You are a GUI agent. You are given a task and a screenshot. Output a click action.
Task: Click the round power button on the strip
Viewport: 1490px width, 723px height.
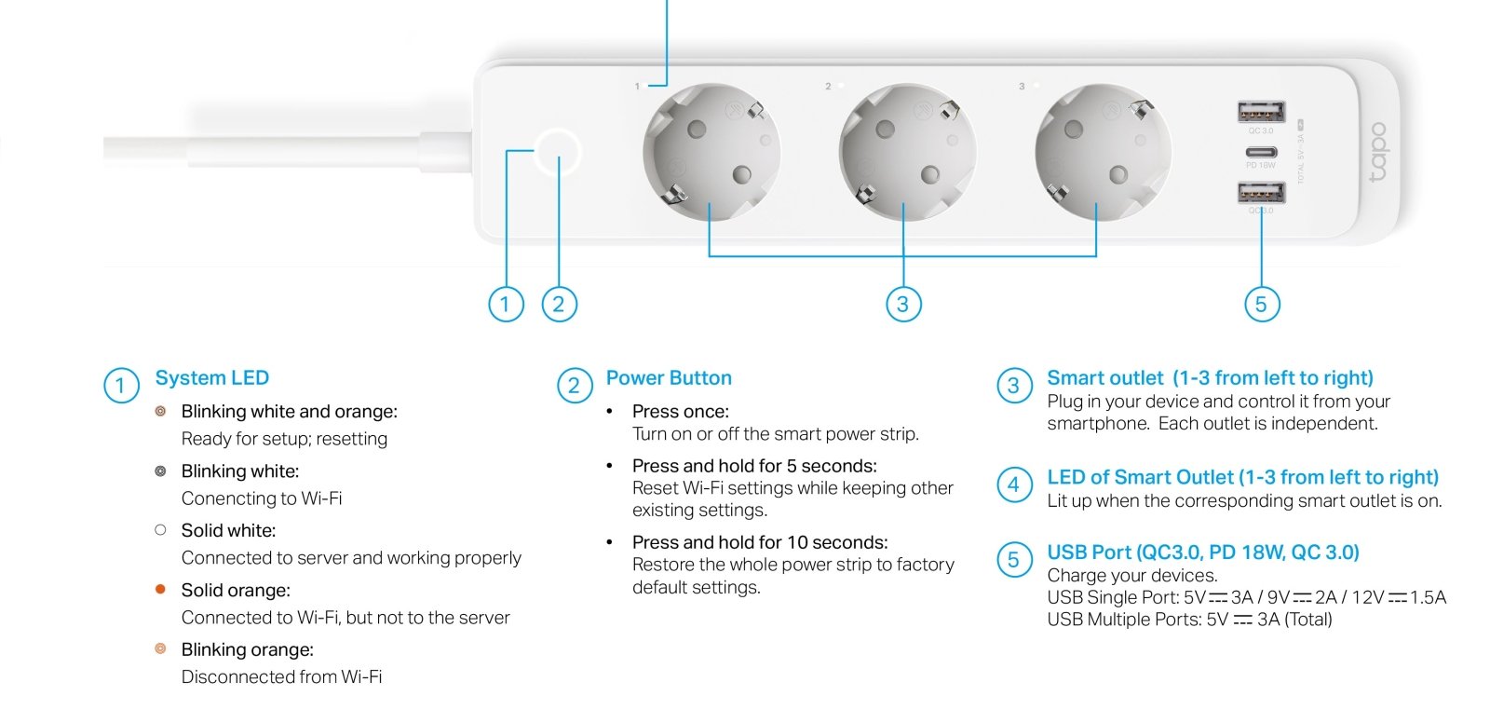pos(558,152)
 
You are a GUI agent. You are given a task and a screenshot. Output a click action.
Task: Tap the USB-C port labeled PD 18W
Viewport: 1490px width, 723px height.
pos(1261,153)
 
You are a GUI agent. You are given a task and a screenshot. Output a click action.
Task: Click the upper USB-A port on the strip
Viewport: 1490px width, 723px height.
pos(1261,111)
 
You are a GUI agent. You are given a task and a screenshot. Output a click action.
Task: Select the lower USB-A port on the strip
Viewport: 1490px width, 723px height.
pos(1261,193)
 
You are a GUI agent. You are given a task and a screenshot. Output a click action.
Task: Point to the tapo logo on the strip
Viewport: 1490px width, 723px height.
pos(1378,152)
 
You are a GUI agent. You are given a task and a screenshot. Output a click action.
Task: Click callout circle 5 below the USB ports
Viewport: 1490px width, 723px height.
pos(1261,305)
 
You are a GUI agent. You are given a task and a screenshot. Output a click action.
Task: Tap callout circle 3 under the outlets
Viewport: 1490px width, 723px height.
pos(903,305)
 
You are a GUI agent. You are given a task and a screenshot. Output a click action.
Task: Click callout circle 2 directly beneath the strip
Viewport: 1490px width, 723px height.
pos(559,305)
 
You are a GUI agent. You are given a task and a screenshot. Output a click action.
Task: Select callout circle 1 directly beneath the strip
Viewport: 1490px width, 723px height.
pos(506,305)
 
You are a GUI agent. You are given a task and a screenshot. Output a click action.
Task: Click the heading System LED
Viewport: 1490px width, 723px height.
pos(212,378)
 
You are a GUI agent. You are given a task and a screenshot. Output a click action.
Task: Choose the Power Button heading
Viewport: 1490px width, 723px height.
pos(669,378)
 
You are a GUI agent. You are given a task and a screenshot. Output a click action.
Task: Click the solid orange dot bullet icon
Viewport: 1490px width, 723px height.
pos(160,589)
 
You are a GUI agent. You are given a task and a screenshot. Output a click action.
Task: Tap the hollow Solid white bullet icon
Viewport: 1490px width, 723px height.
pos(160,530)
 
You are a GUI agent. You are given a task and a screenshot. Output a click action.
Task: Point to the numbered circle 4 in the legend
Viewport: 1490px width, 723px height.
pos(1014,484)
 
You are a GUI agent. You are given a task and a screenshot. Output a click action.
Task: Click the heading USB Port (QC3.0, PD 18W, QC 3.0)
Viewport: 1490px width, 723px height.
pos(1202,552)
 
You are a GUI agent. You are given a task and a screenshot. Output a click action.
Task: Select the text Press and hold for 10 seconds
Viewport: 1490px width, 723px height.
pos(760,542)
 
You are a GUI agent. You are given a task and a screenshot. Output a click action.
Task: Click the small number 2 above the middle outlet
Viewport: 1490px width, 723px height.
pos(828,87)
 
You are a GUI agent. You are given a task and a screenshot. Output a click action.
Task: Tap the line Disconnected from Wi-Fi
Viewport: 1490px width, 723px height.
pos(281,677)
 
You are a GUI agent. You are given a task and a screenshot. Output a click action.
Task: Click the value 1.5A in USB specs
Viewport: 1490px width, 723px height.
pos(1428,597)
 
